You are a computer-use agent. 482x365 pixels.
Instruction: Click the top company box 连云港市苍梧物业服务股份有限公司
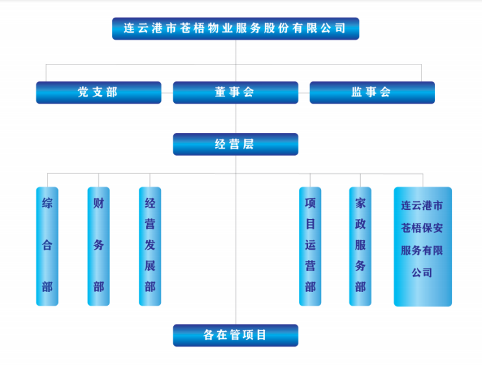235,29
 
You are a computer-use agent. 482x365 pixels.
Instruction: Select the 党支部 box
98,92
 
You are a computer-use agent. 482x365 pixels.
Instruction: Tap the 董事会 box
235,92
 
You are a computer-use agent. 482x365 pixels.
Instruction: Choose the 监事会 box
372,92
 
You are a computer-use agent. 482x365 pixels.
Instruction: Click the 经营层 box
235,144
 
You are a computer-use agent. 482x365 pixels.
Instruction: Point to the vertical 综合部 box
47,246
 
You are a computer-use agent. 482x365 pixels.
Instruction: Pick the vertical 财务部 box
98,246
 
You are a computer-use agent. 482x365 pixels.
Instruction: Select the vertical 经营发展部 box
150,246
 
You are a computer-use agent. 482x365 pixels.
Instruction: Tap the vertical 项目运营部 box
310,246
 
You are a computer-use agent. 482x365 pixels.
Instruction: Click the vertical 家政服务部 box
360,246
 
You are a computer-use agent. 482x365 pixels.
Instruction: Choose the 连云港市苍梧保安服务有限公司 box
422,246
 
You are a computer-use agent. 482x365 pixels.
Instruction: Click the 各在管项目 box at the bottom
235,335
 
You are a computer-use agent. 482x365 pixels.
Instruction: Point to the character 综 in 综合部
47,203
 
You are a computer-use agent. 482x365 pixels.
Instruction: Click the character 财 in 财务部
98,203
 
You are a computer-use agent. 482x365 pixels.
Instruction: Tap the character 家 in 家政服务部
360,203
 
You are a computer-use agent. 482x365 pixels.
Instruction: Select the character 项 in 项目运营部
310,203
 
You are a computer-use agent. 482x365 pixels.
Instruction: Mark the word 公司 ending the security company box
422,272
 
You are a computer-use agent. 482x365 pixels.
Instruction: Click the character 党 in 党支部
83,92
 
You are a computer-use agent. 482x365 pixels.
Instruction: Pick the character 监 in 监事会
356,92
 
